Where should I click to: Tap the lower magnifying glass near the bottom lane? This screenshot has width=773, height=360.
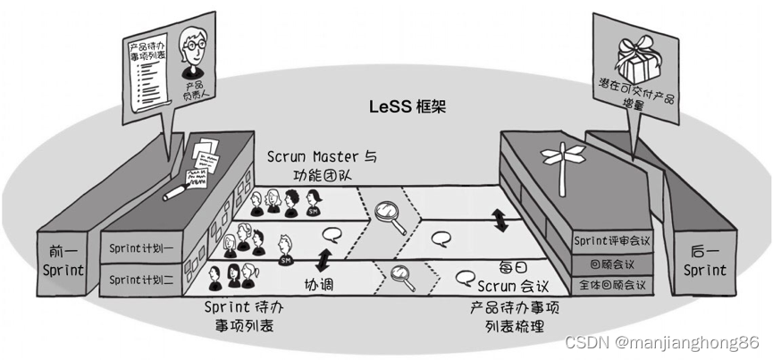tap(402, 277)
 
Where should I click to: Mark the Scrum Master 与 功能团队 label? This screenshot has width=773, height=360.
tap(322, 165)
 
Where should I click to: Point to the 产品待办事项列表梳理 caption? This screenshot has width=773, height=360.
tap(515, 316)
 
